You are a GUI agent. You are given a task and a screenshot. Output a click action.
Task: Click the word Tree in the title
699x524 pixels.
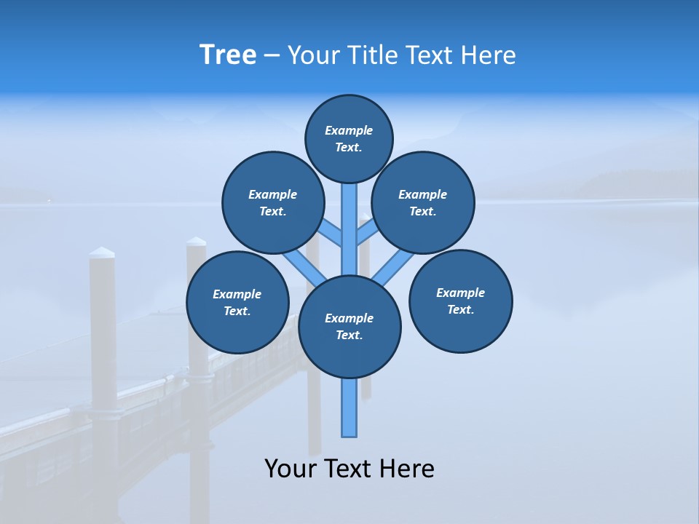click(228, 55)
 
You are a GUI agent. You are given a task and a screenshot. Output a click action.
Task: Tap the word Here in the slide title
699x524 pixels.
click(487, 55)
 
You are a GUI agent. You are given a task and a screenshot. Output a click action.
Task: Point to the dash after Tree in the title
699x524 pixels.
click(272, 56)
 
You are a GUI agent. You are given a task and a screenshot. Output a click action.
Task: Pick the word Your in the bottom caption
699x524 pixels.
click(289, 469)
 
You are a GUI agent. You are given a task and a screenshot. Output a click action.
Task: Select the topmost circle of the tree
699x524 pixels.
click(349, 138)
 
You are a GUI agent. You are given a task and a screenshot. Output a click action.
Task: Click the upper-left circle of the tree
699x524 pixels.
click(272, 202)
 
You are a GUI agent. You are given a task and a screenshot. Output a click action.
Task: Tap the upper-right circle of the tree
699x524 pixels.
click(422, 202)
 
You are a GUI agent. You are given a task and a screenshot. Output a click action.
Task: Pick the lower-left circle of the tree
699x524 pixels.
click(237, 302)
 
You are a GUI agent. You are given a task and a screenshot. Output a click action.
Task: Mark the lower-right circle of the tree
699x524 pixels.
click(460, 301)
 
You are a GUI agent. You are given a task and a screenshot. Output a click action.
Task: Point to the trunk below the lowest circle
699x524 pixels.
click(349, 408)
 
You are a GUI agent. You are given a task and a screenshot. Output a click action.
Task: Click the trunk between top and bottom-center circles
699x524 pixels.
click(349, 226)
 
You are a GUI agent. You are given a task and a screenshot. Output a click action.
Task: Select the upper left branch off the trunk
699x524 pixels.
click(331, 233)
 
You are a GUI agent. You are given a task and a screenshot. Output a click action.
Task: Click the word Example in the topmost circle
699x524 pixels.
click(349, 130)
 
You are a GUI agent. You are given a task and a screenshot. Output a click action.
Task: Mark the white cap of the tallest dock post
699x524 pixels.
click(102, 253)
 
